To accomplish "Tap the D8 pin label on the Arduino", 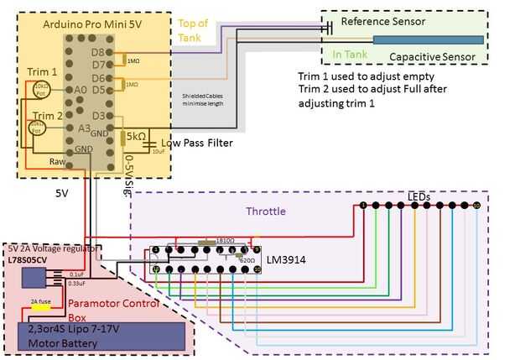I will click(x=98, y=52).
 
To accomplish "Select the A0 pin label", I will click(x=81, y=89).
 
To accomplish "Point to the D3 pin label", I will click(x=98, y=115).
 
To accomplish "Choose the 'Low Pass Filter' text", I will click(x=197, y=143).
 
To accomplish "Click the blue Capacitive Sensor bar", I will click(x=428, y=39).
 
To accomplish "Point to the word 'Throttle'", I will click(x=266, y=212).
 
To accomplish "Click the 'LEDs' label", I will click(x=419, y=196).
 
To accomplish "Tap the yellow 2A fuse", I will click(x=40, y=307).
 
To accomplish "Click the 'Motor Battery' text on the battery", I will click(x=64, y=342).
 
